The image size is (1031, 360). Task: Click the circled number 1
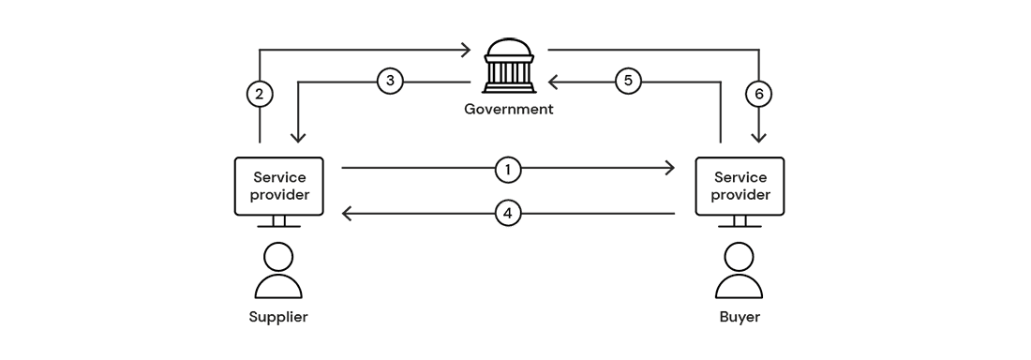point(507,169)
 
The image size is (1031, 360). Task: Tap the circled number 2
point(260,94)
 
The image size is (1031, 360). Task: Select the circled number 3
point(391,82)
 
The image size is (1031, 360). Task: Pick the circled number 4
point(507,215)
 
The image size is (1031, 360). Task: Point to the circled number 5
point(629,82)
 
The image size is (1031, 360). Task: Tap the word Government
point(509,109)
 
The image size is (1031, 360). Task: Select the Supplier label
point(278,317)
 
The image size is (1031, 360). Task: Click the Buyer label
point(740,317)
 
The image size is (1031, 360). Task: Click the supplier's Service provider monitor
point(278,187)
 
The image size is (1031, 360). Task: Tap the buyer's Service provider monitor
point(740,187)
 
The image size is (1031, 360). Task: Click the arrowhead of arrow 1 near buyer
point(669,169)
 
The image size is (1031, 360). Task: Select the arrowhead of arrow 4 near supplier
point(347,215)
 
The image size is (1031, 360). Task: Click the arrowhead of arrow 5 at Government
point(554,82)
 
